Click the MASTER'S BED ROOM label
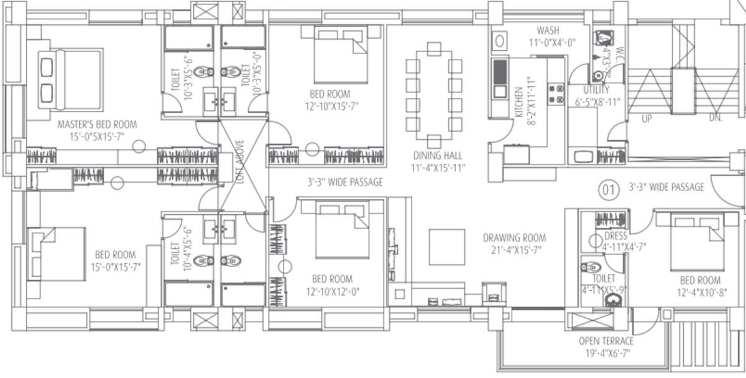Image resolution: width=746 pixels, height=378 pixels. (96, 124)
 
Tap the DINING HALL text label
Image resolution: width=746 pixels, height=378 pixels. (438, 156)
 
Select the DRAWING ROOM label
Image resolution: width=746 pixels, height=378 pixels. (515, 238)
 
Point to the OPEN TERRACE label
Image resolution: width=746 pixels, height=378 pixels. (606, 341)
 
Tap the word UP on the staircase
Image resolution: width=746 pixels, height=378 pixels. (647, 119)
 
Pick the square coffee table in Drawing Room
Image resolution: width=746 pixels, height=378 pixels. (446, 247)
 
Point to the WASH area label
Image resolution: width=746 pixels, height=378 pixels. (548, 30)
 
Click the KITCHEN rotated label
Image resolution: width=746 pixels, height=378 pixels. (517, 99)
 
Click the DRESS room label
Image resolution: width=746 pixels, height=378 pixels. (615, 236)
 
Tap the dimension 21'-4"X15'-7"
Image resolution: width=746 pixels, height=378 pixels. (515, 250)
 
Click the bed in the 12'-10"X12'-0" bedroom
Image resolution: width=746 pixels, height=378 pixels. (342, 228)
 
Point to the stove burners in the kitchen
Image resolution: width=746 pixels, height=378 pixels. (556, 94)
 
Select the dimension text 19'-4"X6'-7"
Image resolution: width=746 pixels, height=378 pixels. (606, 353)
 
